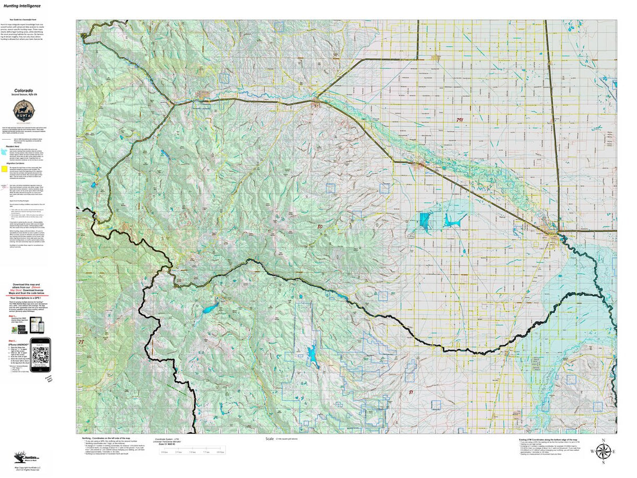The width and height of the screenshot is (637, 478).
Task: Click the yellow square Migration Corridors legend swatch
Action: [x=5, y=169]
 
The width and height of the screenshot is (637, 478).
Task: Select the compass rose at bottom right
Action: [x=602, y=451]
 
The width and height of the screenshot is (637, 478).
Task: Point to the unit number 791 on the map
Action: [x=459, y=121]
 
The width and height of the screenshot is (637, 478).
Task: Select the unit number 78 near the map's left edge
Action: [x=80, y=342]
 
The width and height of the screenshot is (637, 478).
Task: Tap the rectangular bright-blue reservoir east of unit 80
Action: [x=425, y=220]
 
